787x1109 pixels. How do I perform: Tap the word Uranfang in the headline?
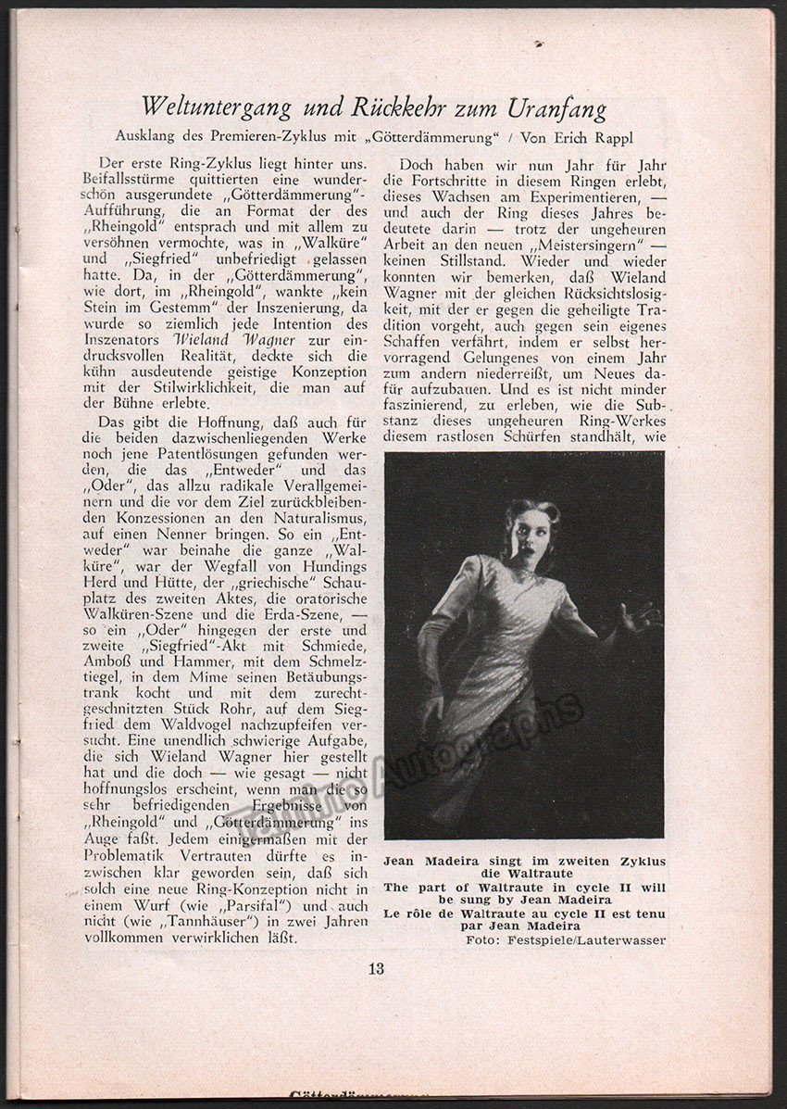(555, 108)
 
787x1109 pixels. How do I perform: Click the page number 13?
(376, 970)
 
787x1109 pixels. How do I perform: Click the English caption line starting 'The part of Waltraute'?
(524, 887)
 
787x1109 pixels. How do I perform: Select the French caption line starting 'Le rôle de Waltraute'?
(524, 913)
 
